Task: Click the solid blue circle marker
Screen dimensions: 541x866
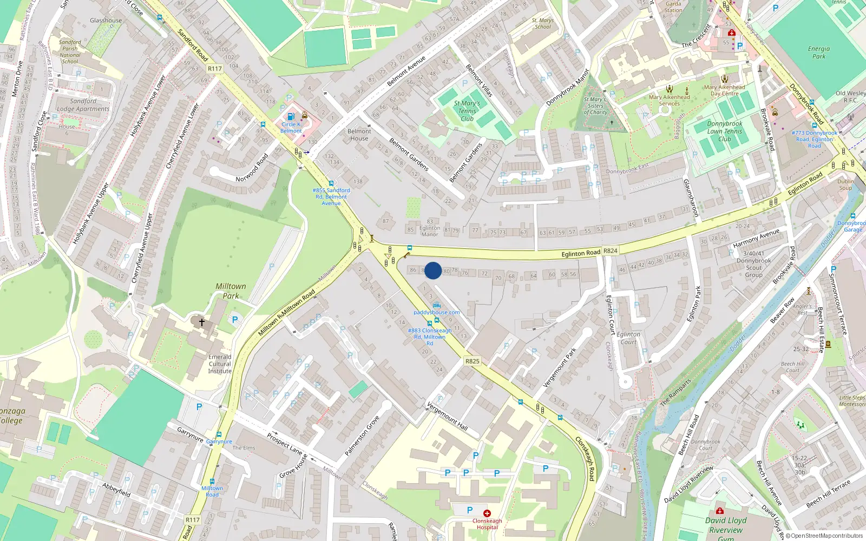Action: click(x=433, y=270)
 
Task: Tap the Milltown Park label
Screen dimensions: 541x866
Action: click(x=231, y=291)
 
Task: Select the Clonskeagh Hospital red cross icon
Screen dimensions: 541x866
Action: click(x=487, y=513)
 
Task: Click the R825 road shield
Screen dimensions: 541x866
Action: click(x=472, y=361)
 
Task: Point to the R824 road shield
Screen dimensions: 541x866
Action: click(x=611, y=250)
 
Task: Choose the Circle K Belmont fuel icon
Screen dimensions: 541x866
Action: click(x=291, y=116)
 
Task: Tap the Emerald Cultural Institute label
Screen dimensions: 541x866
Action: click(x=220, y=364)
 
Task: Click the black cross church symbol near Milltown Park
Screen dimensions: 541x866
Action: click(x=202, y=322)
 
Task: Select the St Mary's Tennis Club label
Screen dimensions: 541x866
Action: click(x=467, y=111)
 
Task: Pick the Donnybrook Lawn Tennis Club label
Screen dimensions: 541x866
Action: click(x=725, y=131)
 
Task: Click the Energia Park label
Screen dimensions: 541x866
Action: click(x=819, y=52)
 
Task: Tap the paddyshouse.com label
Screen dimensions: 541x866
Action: click(x=437, y=312)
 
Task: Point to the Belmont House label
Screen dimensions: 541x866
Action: click(x=359, y=135)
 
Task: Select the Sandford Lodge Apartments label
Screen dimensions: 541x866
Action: click(x=83, y=105)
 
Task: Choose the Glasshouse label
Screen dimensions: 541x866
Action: click(x=106, y=21)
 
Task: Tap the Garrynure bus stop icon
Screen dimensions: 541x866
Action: click(x=219, y=434)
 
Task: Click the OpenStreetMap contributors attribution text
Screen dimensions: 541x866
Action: click(x=825, y=536)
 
